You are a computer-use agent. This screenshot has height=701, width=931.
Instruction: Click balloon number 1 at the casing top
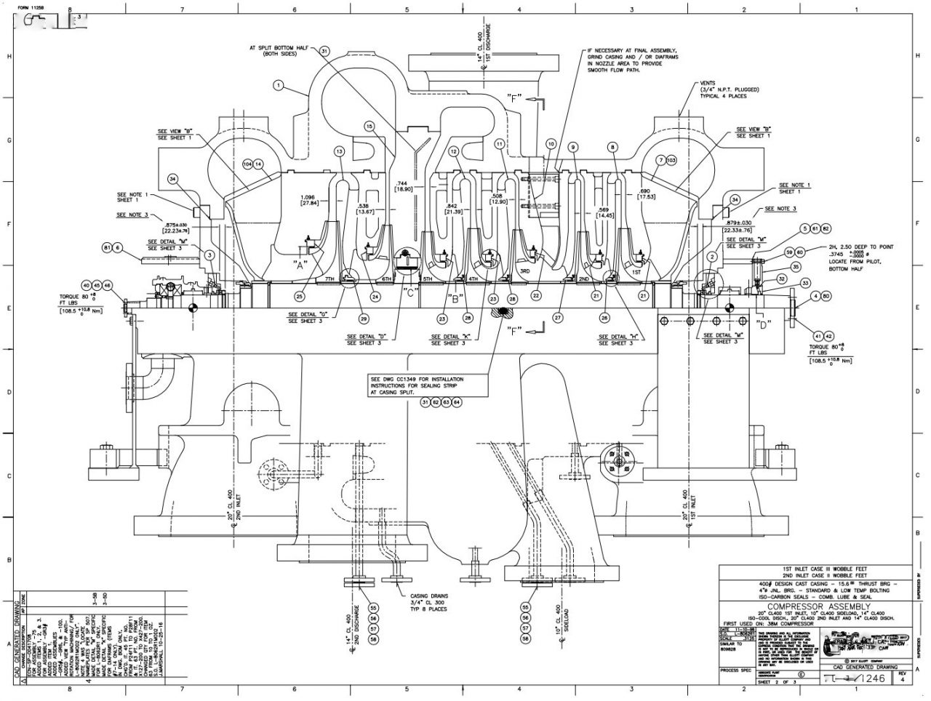[x=277, y=85]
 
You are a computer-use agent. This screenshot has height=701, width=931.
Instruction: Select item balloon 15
[x=370, y=126]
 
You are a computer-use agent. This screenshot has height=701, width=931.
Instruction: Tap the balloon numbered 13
[x=338, y=151]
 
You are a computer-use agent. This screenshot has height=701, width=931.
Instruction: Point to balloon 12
[x=453, y=151]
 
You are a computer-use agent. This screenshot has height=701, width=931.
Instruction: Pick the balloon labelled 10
[x=551, y=144]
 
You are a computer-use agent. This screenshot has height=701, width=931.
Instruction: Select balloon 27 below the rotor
[x=558, y=318]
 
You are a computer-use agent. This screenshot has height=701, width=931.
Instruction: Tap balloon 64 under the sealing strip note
[x=457, y=401]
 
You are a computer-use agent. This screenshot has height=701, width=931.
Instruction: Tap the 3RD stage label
[x=524, y=271]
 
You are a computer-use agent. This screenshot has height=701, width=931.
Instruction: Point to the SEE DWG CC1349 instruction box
[x=416, y=385]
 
